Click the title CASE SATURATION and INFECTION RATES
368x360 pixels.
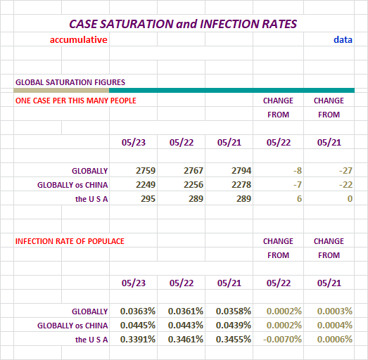(183, 24)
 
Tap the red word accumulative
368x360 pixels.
(79, 39)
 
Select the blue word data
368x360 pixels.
(343, 39)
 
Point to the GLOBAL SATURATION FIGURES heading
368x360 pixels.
(70, 82)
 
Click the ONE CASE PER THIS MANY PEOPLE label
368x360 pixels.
(76, 101)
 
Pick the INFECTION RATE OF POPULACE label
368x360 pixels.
(70, 241)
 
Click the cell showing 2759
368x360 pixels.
(146, 170)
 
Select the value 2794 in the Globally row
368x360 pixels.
(241, 170)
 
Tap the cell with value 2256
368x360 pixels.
(193, 185)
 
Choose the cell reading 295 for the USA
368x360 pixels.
(148, 199)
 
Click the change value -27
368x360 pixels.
(345, 170)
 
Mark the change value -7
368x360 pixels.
(298, 185)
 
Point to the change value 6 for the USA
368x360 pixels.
(299, 199)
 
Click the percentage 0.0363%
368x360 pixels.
(138, 311)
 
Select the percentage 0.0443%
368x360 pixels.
(186, 326)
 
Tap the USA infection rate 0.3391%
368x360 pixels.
(138, 340)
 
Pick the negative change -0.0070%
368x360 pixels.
(282, 340)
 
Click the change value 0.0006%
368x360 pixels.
(335, 340)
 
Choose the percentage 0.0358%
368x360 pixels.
(234, 311)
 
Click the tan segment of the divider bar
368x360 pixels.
(61, 90)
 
